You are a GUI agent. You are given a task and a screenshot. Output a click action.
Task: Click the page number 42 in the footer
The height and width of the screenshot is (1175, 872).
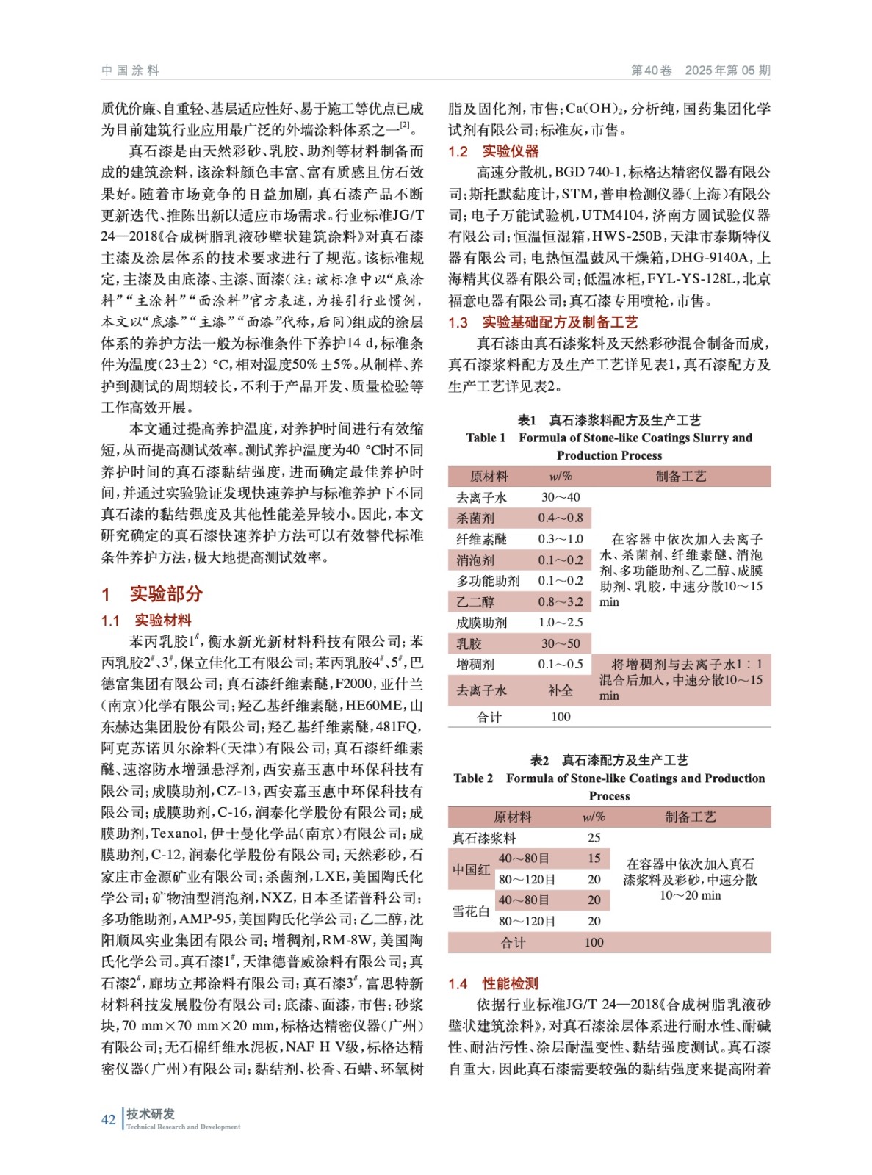(x=108, y=1119)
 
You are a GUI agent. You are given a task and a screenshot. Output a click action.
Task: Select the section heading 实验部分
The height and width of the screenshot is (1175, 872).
(x=165, y=593)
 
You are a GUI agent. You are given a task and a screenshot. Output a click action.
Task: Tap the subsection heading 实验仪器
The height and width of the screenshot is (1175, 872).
(x=510, y=151)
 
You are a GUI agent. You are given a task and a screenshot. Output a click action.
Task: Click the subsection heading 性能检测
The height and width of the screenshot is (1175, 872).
(x=510, y=983)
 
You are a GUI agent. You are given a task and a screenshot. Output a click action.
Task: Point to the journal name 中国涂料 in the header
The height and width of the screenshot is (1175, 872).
(x=130, y=70)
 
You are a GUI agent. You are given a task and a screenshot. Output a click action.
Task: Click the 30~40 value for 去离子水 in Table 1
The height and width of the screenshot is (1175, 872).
(x=561, y=497)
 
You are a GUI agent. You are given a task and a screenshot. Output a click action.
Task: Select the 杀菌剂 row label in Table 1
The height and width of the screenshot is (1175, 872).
(x=475, y=518)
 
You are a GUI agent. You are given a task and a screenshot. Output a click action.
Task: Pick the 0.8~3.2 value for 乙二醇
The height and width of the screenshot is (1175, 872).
(x=561, y=601)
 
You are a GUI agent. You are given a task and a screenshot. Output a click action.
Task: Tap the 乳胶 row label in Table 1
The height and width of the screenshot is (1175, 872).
(x=469, y=643)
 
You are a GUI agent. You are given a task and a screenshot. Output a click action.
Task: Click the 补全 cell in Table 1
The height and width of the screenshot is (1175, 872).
(x=561, y=690)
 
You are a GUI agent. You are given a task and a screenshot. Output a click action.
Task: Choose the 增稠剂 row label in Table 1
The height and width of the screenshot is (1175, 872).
(x=475, y=664)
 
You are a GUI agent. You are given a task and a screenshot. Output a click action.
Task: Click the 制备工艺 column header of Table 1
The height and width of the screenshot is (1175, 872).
(x=681, y=476)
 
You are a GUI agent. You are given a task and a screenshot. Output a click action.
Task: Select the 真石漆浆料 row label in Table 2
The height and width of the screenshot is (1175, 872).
(x=484, y=838)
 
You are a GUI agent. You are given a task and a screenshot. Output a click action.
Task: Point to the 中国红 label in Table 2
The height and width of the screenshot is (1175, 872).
(x=471, y=869)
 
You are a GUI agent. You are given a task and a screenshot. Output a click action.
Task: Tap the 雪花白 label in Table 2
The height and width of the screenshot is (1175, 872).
(x=471, y=911)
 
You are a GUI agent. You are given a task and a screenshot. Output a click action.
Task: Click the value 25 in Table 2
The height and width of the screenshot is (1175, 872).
(x=594, y=838)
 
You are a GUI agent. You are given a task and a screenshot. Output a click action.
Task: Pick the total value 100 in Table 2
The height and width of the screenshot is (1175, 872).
(x=594, y=942)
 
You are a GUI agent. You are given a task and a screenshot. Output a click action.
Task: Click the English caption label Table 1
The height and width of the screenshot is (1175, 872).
(x=486, y=438)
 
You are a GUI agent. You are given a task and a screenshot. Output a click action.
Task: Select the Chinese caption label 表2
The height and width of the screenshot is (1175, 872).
(x=539, y=760)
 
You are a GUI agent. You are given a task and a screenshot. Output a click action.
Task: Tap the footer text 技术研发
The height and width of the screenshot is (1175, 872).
(x=151, y=1113)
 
